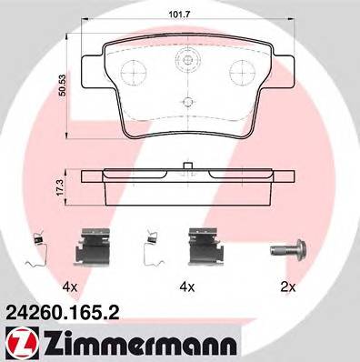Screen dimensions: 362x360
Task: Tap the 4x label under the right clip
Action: click(189, 286)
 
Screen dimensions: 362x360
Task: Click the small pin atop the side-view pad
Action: click(186, 166)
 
